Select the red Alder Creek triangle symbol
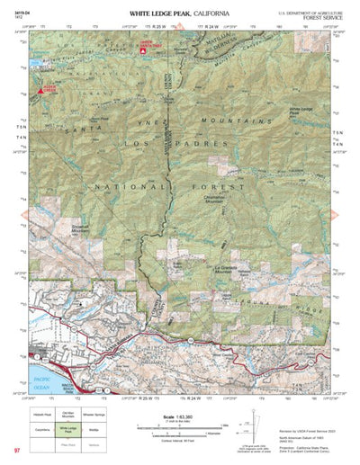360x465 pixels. pyautogui.click(x=42, y=88)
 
